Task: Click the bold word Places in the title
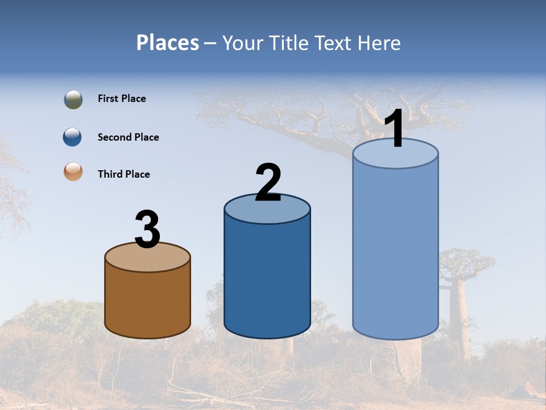click(x=168, y=43)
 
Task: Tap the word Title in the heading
click(x=288, y=43)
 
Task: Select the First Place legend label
click(x=122, y=99)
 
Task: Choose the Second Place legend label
click(x=128, y=137)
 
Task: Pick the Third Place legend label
click(x=123, y=174)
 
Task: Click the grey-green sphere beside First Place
click(x=73, y=99)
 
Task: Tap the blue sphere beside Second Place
click(x=73, y=137)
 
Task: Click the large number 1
click(x=394, y=129)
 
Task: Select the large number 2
click(x=268, y=183)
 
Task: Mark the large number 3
click(x=147, y=229)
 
